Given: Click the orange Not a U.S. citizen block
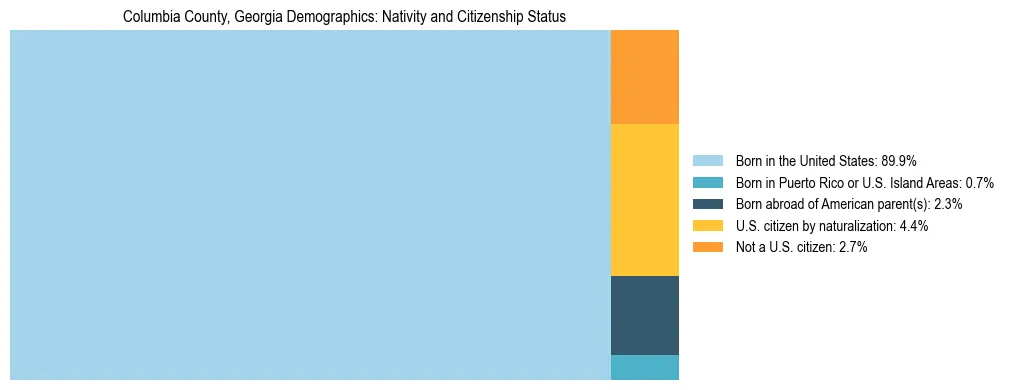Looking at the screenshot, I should pyautogui.click(x=644, y=77).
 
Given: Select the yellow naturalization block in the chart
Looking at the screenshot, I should pyautogui.click(x=644, y=200).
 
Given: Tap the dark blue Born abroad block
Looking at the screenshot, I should pyautogui.click(x=644, y=315).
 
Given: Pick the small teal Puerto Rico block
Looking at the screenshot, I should pyautogui.click(x=644, y=367).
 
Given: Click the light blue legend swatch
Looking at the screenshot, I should pyautogui.click(x=707, y=161).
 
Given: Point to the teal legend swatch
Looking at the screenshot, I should pyautogui.click(x=707, y=183).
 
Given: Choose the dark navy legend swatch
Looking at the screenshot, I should pyautogui.click(x=707, y=204).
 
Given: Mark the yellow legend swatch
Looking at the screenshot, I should pyautogui.click(x=707, y=226).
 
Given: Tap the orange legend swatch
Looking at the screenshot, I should pyautogui.click(x=707, y=248).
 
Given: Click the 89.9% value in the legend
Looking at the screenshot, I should pyautogui.click(x=899, y=161).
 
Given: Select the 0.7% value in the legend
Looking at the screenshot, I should pyautogui.click(x=980, y=183).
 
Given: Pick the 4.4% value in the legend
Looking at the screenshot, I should pyautogui.click(x=914, y=226).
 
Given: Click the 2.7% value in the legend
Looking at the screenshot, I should pyautogui.click(x=853, y=248).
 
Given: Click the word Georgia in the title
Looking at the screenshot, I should pyautogui.click(x=263, y=17).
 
